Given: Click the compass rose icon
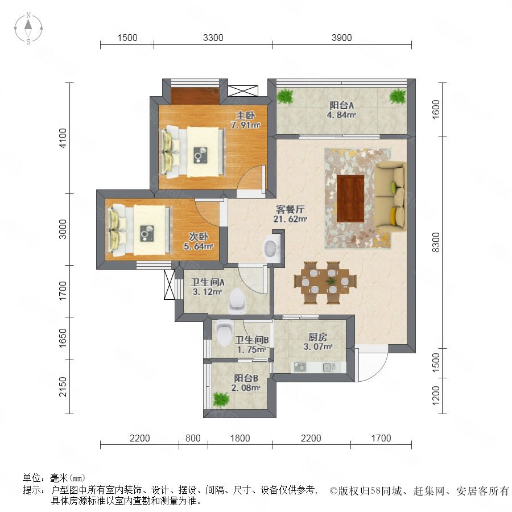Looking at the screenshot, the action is [x=28, y=28].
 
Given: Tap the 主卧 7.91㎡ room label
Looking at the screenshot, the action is [x=245, y=120].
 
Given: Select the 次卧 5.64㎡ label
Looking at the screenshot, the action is [x=198, y=241].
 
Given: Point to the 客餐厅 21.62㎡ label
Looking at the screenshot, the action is [x=290, y=214].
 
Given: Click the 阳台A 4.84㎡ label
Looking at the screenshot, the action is [x=341, y=110].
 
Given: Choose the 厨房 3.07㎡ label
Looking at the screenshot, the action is [x=317, y=342].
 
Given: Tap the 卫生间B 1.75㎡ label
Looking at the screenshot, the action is [x=252, y=345].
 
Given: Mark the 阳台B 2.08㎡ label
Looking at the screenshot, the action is [x=246, y=383].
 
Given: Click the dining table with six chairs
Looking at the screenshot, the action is [x=325, y=282].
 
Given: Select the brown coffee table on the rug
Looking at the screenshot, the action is [x=350, y=199].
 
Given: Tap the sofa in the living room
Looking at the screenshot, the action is [x=390, y=197].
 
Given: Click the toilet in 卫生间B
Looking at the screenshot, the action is [x=225, y=333].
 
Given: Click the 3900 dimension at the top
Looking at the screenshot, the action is [x=341, y=38].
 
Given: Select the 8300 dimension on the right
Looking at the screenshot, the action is [x=436, y=242].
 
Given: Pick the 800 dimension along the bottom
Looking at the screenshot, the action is [x=193, y=438].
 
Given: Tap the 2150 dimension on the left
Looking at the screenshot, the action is [x=63, y=387].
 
